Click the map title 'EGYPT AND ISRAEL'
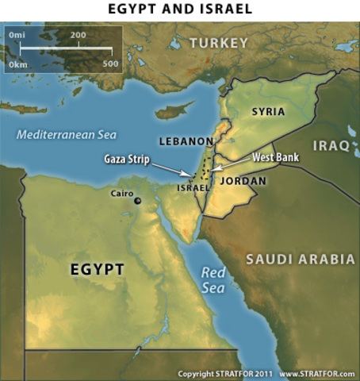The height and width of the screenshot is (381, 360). pos(180,10)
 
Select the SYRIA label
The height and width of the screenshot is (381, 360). pos(268,112)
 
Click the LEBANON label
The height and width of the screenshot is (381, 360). pos(186,141)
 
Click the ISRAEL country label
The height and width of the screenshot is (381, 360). pos(193,188)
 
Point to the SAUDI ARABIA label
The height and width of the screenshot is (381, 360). pos(300,260)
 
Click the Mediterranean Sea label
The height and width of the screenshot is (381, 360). pos(67,134)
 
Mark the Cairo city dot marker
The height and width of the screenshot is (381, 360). pos(137,201)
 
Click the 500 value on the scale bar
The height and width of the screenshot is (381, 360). pos(110,63)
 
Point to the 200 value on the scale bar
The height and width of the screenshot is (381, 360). pos(78,36)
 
